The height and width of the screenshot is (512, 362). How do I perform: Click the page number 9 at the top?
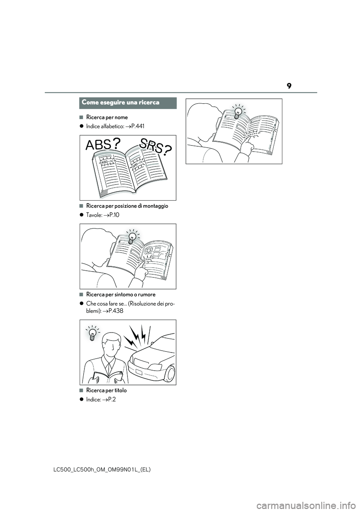[x=288, y=86]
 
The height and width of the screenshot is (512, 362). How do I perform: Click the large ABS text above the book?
[x=98, y=145]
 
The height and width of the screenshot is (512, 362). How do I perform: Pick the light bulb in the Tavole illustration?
[x=132, y=237]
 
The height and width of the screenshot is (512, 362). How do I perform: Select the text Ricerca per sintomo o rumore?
[x=121, y=294]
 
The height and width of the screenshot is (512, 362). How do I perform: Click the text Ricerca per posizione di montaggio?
[x=127, y=206]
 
